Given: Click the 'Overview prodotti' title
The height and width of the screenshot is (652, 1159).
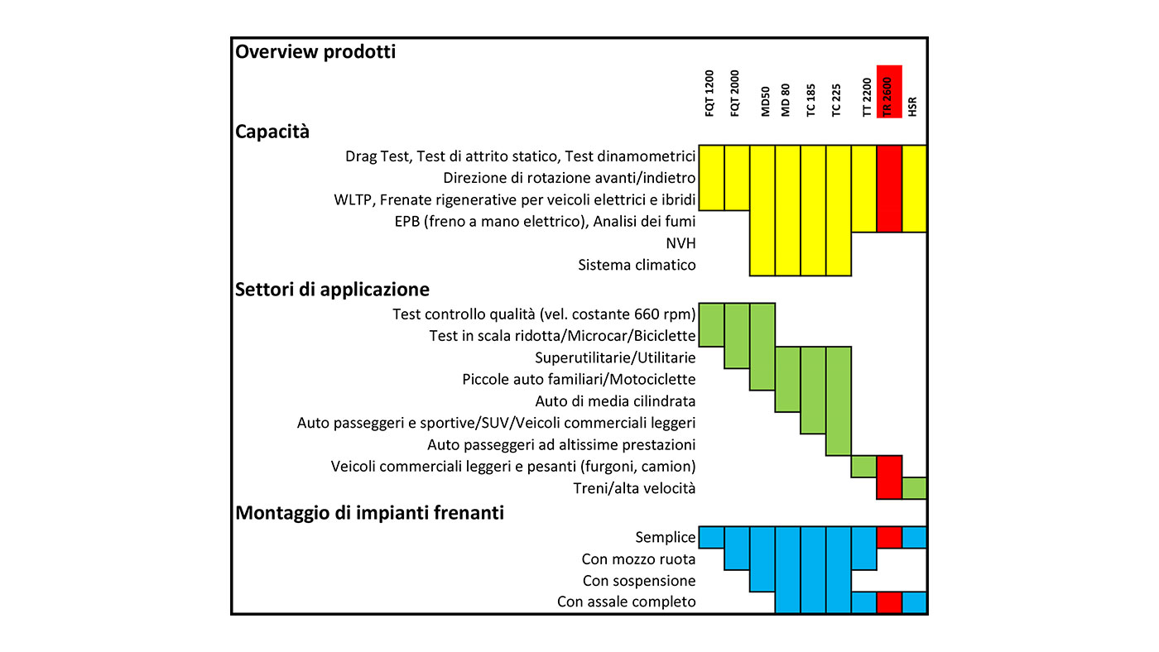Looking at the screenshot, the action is point(315,52).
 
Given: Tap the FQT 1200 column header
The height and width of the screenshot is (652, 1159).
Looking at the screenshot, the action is point(709,93).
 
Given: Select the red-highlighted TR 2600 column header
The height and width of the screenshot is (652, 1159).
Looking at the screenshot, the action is point(889,92).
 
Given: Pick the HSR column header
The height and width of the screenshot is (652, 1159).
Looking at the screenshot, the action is point(912,107).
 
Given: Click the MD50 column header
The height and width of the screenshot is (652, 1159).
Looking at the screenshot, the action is point(765,102).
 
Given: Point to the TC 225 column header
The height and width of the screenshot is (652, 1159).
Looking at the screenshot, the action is point(836,100).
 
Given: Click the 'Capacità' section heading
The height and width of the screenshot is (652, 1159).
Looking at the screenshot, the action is point(272,132).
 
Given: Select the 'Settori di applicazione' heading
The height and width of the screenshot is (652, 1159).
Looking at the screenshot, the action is point(332,290).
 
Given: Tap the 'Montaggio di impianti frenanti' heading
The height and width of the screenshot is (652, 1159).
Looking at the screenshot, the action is point(369,513).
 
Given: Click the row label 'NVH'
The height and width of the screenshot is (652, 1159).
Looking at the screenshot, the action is point(680,243).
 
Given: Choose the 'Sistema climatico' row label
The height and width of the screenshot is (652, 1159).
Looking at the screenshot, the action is point(637,265).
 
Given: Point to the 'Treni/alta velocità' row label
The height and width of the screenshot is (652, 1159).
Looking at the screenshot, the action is point(634,488).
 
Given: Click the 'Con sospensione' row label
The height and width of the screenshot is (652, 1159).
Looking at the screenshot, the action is point(639,581).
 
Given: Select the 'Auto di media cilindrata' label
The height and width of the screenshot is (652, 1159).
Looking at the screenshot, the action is point(615,401).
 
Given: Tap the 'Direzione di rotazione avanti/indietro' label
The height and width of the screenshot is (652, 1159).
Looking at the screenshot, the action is point(570,178).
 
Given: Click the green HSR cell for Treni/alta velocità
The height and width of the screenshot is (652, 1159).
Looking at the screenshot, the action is point(914,488).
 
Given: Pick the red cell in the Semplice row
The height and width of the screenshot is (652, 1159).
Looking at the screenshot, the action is point(889,537).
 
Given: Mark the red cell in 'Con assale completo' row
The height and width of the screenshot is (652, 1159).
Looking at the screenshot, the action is point(889,602).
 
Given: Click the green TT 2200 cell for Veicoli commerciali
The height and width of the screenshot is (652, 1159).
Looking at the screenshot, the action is point(864,467).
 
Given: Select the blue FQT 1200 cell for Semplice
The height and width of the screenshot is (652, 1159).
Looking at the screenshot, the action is point(711,537).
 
